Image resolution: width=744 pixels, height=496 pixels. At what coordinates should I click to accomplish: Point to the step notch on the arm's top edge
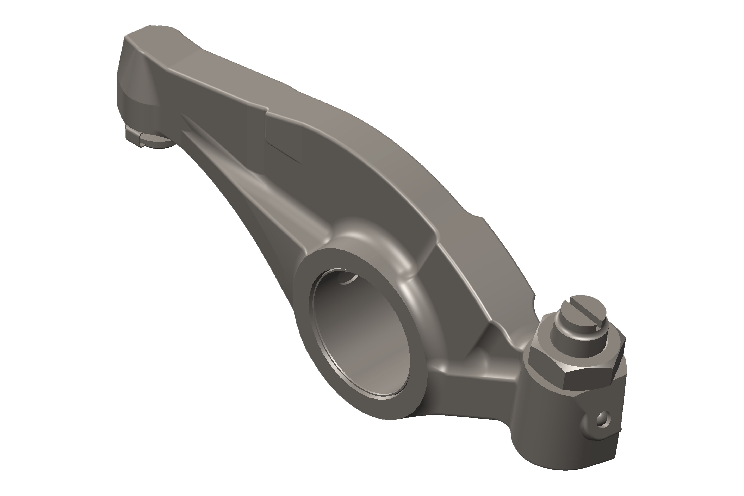tap(267, 111)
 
